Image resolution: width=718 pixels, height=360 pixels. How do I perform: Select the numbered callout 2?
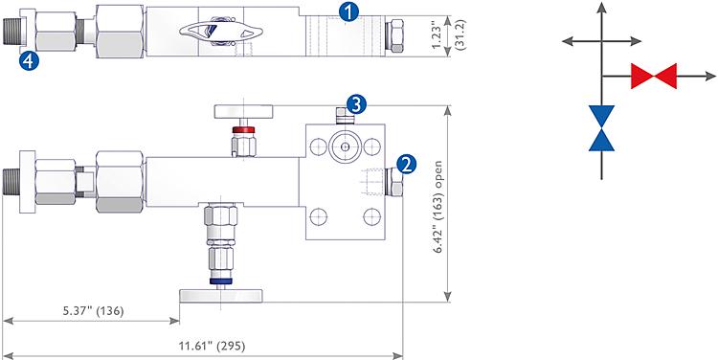tap(407, 163)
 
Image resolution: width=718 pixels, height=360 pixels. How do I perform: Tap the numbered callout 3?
tap(355, 103)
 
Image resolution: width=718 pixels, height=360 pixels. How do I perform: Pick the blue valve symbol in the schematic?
tap(603, 127)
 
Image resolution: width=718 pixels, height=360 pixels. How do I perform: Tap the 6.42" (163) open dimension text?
tap(439, 212)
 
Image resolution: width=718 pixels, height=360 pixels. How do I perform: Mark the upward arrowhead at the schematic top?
tap(603, 10)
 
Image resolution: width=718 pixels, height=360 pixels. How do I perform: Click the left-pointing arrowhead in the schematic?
tap(568, 40)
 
